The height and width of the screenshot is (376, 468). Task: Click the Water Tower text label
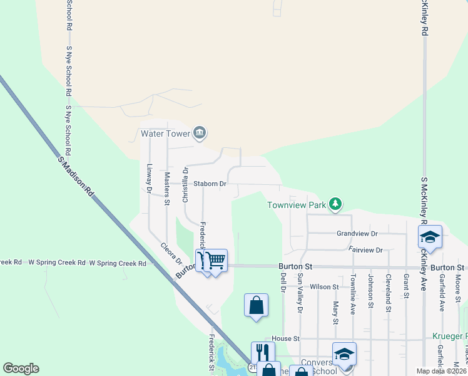165,133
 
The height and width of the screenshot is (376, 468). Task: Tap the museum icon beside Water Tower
200,132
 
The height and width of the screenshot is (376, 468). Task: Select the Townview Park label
297,205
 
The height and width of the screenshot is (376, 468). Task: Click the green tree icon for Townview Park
336,203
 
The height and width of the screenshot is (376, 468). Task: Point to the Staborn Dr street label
210,184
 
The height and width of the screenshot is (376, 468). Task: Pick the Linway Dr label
150,177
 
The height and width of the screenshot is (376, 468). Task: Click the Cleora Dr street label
170,253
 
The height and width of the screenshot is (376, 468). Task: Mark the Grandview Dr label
357,233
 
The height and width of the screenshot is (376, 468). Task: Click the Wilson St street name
324,287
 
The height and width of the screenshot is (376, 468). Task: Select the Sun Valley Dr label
300,293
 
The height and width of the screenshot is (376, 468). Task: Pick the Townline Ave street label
353,293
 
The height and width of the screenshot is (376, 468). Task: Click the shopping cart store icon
216,259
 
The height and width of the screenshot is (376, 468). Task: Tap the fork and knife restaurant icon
263,352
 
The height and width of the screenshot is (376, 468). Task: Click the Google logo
21,368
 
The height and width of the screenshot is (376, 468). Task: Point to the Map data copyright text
441,371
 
